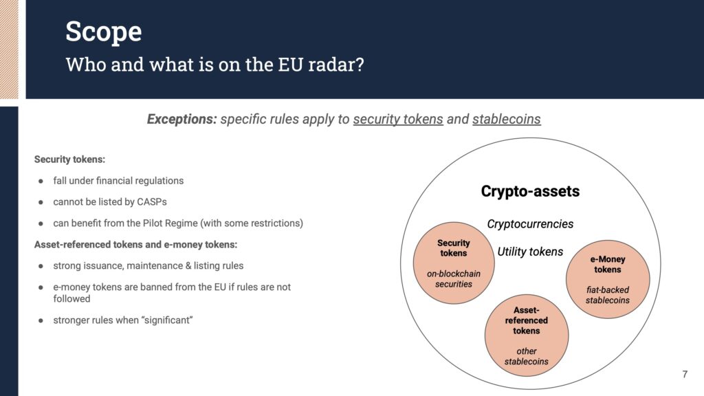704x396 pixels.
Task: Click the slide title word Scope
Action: (x=104, y=32)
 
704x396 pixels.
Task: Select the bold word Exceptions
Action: (x=181, y=120)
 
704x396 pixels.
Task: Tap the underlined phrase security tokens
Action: (x=398, y=120)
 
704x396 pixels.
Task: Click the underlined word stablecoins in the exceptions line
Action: (x=507, y=120)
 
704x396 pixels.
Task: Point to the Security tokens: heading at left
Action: (x=69, y=159)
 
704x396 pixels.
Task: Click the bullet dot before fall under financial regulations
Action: (x=41, y=181)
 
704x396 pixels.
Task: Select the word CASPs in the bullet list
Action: (x=152, y=202)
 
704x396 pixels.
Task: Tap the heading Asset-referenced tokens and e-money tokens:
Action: (x=135, y=245)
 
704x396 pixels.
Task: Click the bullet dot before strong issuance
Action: (x=41, y=266)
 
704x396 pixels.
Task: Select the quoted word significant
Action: (x=168, y=320)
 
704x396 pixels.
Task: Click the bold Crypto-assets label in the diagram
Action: (x=530, y=191)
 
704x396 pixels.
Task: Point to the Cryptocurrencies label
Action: (x=530, y=224)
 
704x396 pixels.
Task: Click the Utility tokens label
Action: (x=530, y=252)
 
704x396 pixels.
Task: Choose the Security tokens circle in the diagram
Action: (x=454, y=263)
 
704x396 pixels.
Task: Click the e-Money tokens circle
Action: (x=608, y=279)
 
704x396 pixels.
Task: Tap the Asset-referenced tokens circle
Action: (x=527, y=335)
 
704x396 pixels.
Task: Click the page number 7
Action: (x=685, y=375)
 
